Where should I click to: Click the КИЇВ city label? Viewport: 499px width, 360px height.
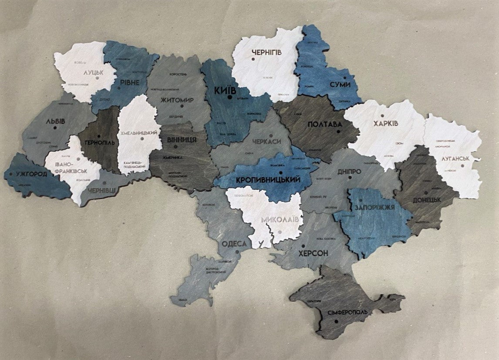pyautogui.click(x=225, y=91)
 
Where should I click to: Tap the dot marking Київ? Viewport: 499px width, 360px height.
pyautogui.click(x=229, y=98)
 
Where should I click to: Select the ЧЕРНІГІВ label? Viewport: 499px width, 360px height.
pyautogui.click(x=267, y=52)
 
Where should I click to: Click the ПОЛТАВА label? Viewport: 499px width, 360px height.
pyautogui.click(x=325, y=125)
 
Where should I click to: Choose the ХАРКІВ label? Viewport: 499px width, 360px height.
pyautogui.click(x=385, y=123)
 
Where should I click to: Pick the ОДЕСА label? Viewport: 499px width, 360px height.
pyautogui.click(x=234, y=244)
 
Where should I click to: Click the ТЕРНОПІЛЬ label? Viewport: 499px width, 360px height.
pyautogui.click(x=100, y=143)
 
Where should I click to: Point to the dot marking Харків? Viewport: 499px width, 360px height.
pyautogui.click(x=382, y=116)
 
